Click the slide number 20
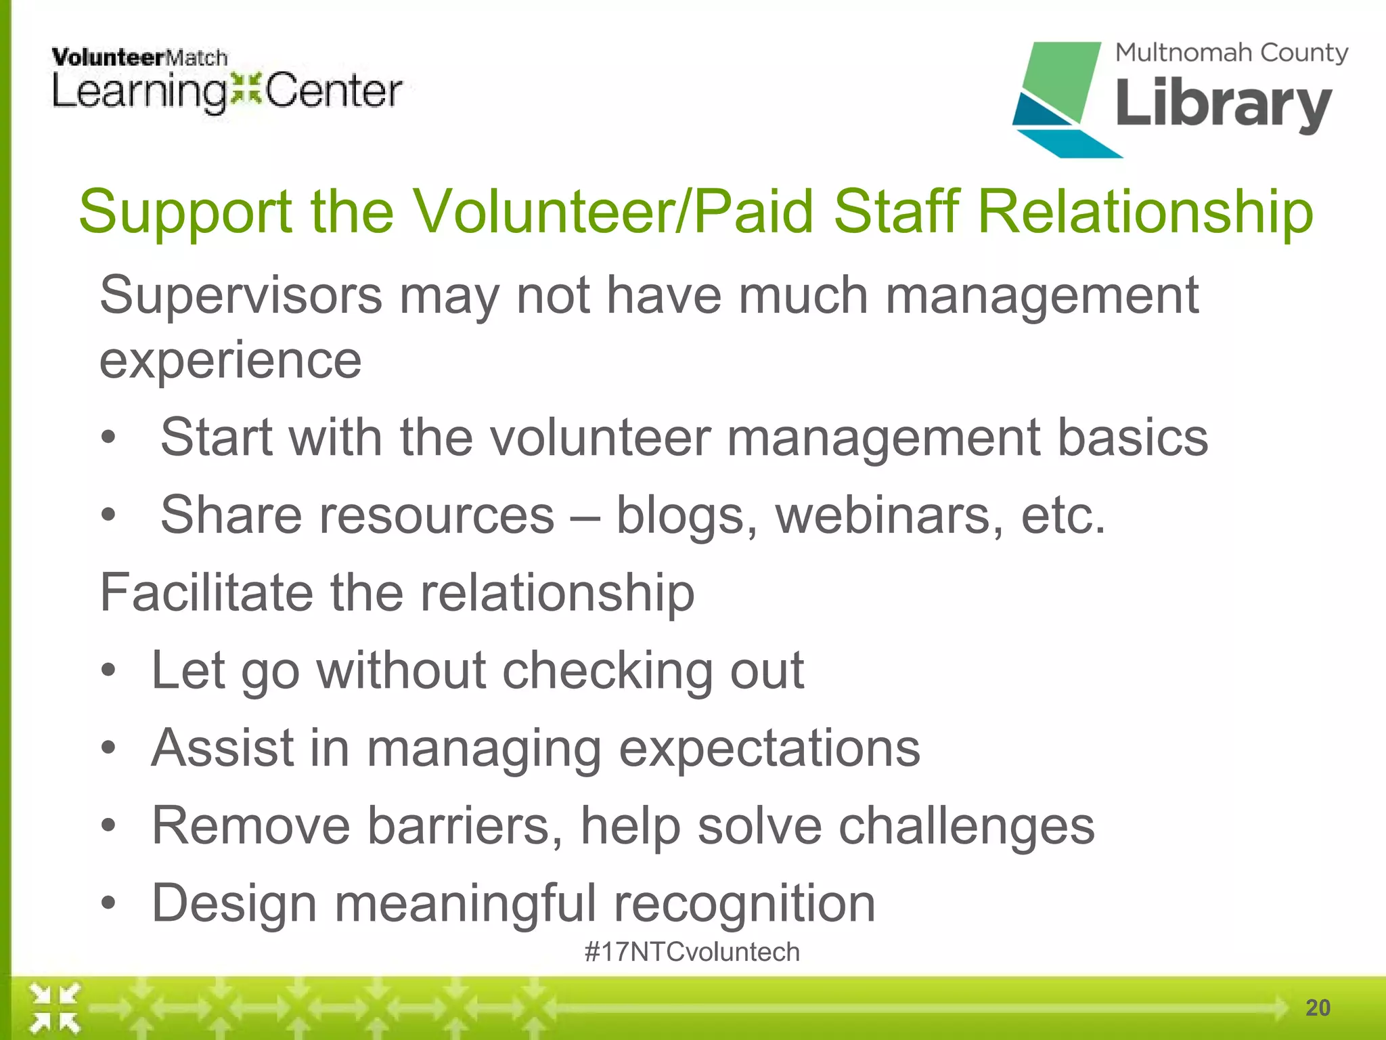(x=1318, y=1007)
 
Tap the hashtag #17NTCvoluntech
(x=692, y=952)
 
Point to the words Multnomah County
(x=1231, y=53)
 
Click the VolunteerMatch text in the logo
(x=139, y=58)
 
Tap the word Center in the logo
(x=334, y=91)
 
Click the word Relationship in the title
(x=1145, y=212)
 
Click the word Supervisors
(x=241, y=296)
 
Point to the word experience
(x=230, y=361)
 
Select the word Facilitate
(x=206, y=592)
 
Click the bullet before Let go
(x=109, y=671)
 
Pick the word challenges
(x=966, y=826)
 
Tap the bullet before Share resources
(x=109, y=515)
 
